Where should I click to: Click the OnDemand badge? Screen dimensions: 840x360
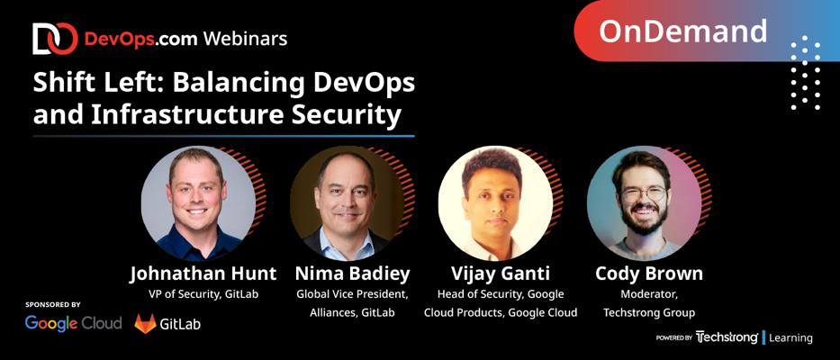pos(707,31)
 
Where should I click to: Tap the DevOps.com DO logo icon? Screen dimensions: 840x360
pos(55,39)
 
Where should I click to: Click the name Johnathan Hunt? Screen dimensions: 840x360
pos(203,274)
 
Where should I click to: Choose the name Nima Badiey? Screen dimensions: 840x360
pos(352,274)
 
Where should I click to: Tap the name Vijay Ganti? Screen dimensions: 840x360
pos(501,274)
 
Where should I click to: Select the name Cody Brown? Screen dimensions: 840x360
pos(649,274)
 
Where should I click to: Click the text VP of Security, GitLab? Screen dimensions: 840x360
pos(203,294)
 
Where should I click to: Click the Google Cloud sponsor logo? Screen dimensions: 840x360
pos(74,324)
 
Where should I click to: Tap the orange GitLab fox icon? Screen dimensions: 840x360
pos(145,324)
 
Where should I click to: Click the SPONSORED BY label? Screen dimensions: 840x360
pos(53,305)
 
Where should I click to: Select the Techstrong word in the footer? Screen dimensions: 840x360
pos(727,337)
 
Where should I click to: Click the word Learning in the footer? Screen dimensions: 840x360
pos(790,338)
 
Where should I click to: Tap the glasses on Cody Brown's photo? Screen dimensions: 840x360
pos(644,193)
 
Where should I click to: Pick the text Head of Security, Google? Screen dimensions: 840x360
pos(501,294)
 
